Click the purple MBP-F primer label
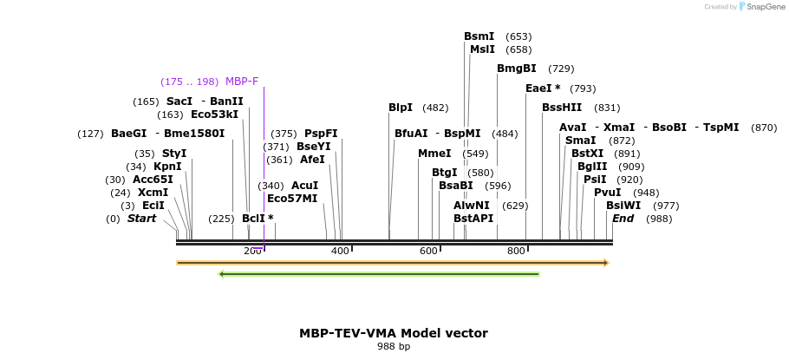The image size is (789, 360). (242, 82)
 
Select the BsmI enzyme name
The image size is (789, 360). (479, 36)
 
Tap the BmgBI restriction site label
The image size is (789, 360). (517, 69)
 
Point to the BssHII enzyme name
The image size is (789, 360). (562, 108)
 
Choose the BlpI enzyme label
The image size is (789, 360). (401, 108)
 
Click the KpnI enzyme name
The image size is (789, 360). (167, 167)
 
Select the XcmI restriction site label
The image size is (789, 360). (153, 193)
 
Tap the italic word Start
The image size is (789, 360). (141, 219)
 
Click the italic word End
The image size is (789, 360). (623, 219)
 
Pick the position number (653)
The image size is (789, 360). (518, 36)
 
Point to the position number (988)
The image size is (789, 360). (659, 219)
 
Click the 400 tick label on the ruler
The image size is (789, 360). (340, 252)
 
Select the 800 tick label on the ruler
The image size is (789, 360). (516, 252)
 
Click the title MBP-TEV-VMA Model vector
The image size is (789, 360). (394, 333)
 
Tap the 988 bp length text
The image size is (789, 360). (394, 346)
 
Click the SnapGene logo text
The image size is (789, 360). (762, 7)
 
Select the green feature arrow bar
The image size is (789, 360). (379, 274)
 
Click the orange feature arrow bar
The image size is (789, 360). (392, 262)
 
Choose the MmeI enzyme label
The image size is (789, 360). (434, 154)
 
